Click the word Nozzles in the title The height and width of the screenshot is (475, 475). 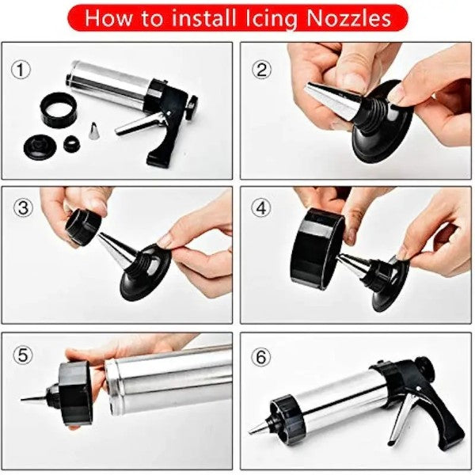click(x=348, y=18)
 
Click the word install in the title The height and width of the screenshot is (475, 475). click(x=204, y=18)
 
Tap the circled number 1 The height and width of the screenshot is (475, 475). click(x=21, y=70)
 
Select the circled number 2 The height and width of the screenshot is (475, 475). click(x=261, y=70)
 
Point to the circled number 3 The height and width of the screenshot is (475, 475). click(x=23, y=207)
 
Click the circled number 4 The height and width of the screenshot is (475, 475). click(x=261, y=207)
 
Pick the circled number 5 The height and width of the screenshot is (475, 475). click(x=23, y=355)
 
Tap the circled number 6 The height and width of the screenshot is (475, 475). click(x=261, y=358)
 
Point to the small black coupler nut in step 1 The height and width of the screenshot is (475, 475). click(x=72, y=143)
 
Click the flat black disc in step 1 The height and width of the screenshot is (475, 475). click(x=40, y=148)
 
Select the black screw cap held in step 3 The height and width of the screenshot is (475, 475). click(x=83, y=226)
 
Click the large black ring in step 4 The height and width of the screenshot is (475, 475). click(x=317, y=249)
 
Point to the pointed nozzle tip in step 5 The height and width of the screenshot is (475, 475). click(x=34, y=398)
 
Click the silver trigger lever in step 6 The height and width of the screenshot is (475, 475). click(x=401, y=420)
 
